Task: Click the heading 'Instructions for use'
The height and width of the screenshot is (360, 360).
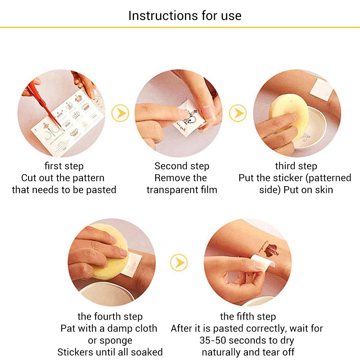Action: (185, 15)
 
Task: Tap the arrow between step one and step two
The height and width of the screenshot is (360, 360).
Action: (120, 113)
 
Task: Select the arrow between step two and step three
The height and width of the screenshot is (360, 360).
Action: (238, 113)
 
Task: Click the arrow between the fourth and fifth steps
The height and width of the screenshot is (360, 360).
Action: (179, 262)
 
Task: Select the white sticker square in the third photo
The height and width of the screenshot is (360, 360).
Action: (321, 89)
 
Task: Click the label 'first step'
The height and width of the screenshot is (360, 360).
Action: (64, 166)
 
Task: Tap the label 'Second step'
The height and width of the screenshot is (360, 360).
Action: (182, 166)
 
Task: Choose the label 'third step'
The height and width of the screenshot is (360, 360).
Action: (296, 166)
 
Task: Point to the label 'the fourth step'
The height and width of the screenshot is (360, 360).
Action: (110, 317)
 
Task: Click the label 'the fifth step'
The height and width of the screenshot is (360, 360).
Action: (248, 317)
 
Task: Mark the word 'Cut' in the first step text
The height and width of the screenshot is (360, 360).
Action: (28, 178)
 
